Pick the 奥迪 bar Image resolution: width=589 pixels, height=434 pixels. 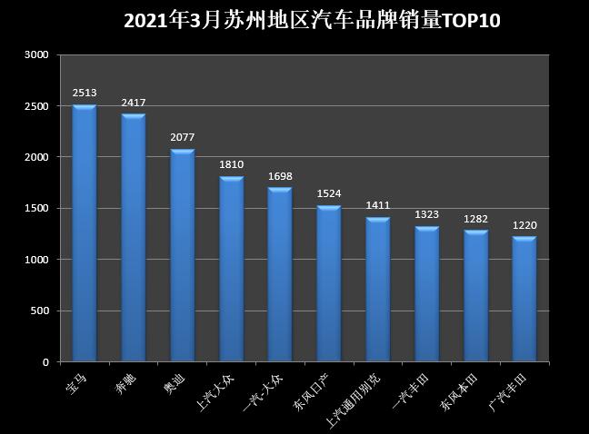(x=183, y=255)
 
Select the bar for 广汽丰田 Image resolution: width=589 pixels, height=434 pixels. (x=524, y=299)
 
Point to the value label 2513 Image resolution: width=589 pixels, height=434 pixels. (x=85, y=93)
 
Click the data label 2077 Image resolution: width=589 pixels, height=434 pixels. (x=183, y=137)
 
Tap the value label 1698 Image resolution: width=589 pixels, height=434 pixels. (x=280, y=175)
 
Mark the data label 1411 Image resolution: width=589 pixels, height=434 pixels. (x=378, y=205)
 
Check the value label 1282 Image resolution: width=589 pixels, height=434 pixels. (x=476, y=219)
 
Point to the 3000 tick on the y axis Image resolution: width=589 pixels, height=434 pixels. (x=36, y=54)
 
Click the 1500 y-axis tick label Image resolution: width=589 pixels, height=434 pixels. (x=36, y=209)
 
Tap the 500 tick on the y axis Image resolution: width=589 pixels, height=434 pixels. (x=39, y=311)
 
